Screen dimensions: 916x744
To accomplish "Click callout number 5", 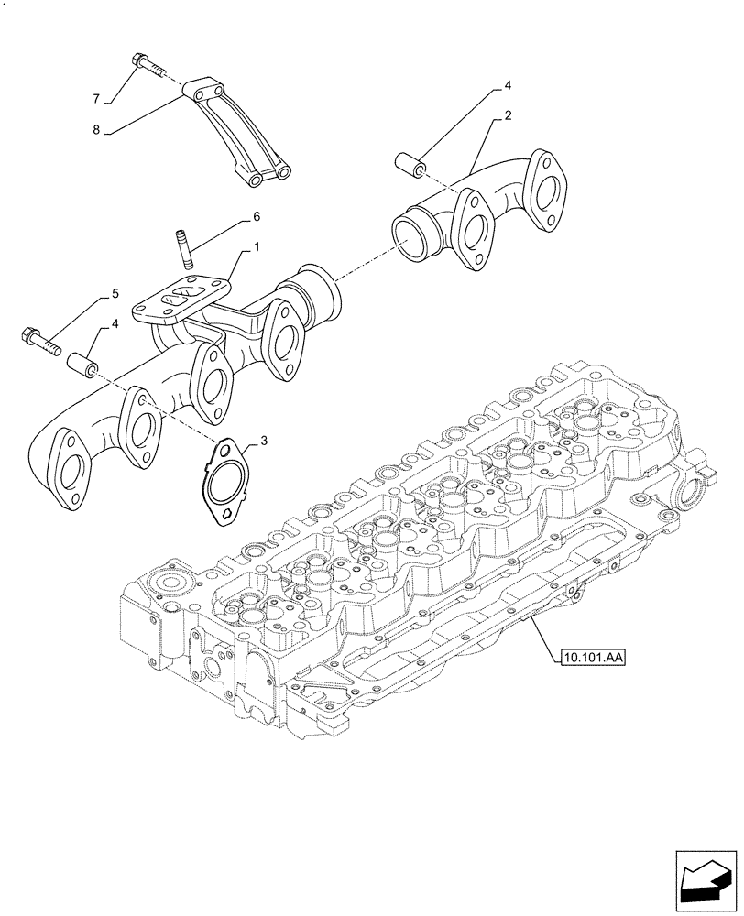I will click(x=115, y=293).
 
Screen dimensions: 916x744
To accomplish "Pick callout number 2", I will click(x=507, y=115).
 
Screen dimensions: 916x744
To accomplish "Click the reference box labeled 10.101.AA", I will click(x=589, y=656).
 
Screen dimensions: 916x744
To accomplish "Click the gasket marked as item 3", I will click(x=221, y=484).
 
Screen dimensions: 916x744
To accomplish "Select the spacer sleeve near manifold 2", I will click(x=408, y=165).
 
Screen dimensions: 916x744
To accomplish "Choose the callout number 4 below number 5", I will click(x=115, y=324).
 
